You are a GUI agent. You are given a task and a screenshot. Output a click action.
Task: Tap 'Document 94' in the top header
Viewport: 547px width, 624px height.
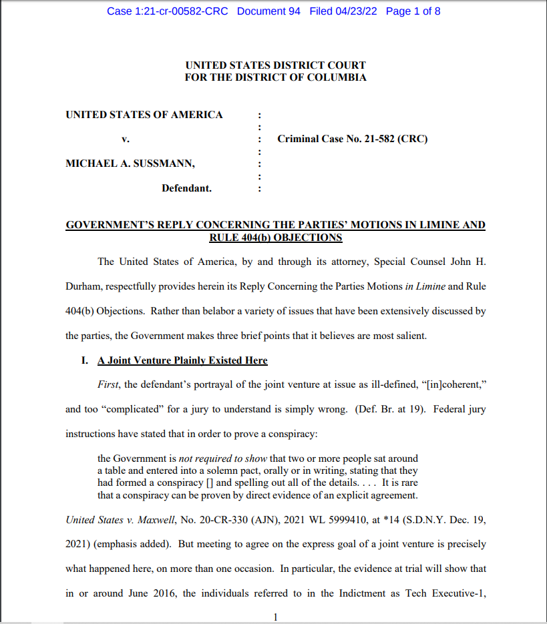pyautogui.click(x=268, y=11)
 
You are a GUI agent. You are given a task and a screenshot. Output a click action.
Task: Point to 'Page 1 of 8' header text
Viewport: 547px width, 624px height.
pyautogui.click(x=413, y=11)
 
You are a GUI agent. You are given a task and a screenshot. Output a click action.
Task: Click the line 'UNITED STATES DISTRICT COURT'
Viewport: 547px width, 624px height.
pyautogui.click(x=275, y=65)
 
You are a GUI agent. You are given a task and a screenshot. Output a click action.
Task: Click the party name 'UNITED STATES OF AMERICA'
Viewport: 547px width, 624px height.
pyautogui.click(x=144, y=115)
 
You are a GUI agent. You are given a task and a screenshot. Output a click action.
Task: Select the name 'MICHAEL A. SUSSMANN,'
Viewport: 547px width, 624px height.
pyautogui.click(x=130, y=164)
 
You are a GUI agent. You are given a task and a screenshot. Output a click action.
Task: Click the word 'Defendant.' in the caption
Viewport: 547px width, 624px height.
pyautogui.click(x=186, y=188)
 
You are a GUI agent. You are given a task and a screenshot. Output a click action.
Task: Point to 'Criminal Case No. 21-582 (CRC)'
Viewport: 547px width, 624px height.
pyautogui.click(x=353, y=139)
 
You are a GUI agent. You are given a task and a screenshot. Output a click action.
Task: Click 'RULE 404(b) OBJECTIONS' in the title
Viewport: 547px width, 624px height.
pyautogui.click(x=275, y=238)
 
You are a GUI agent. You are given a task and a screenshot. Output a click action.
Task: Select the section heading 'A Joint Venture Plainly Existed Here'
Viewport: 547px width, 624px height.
pyautogui.click(x=182, y=360)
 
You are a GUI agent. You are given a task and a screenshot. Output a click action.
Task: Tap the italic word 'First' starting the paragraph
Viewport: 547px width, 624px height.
pyautogui.click(x=110, y=385)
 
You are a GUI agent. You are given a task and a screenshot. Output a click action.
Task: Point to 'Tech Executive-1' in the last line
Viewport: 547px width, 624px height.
pyautogui.click(x=444, y=593)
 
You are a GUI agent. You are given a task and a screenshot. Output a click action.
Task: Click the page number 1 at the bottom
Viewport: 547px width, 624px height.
pyautogui.click(x=275, y=617)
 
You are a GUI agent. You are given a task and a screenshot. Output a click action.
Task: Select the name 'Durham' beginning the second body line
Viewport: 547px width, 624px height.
pyautogui.click(x=82, y=286)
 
